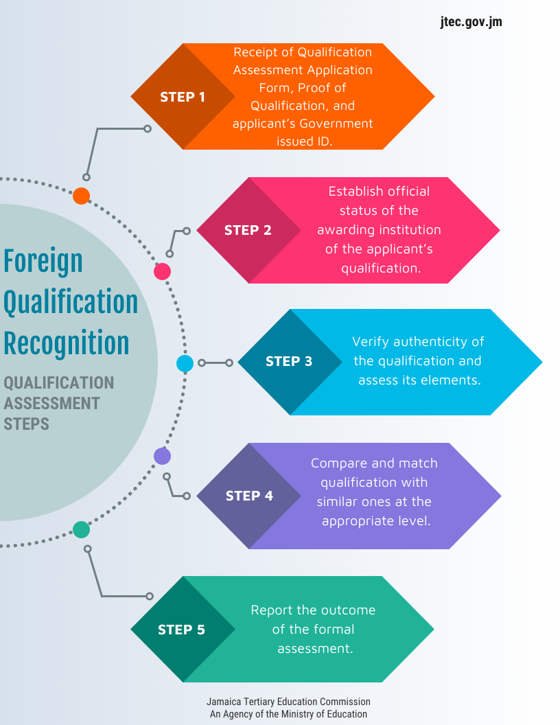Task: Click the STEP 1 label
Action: click(183, 97)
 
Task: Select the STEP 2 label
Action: click(248, 230)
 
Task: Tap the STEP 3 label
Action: click(289, 361)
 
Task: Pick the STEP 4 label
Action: click(249, 496)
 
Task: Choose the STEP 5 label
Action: click(181, 630)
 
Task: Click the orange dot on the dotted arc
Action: click(82, 196)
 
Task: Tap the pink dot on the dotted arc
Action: click(162, 272)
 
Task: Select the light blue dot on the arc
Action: click(185, 363)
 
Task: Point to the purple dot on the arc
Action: click(162, 456)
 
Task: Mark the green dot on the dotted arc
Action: click(81, 529)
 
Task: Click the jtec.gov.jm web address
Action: click(471, 22)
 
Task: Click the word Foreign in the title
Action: click(43, 262)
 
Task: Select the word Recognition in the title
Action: click(67, 343)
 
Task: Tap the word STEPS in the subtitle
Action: click(27, 424)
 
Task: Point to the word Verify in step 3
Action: click(371, 341)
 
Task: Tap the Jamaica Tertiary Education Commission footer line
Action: click(288, 702)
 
